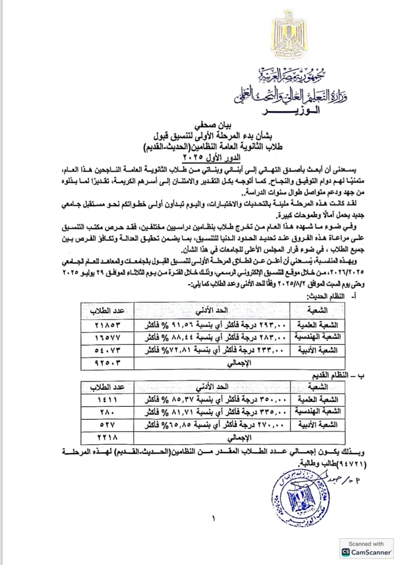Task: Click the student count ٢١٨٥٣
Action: (x=107, y=325)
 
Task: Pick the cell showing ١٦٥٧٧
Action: (x=107, y=338)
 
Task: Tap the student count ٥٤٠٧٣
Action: (x=107, y=350)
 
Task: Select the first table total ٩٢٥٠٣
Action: (x=107, y=363)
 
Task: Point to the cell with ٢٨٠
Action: (x=107, y=412)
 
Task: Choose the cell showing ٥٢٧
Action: (x=107, y=425)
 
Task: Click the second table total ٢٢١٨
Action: (x=107, y=438)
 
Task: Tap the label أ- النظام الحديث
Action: (x=331, y=296)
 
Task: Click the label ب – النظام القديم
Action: (x=338, y=376)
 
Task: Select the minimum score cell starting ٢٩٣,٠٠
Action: (x=212, y=325)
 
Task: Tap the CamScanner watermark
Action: (x=366, y=549)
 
